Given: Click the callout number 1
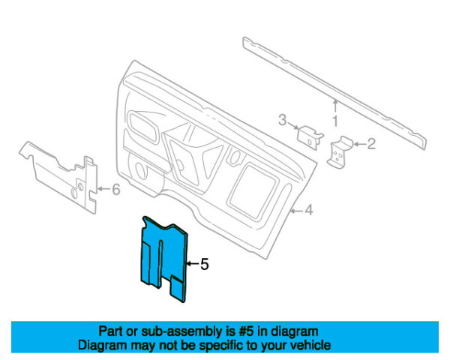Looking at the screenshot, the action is pos(335,121).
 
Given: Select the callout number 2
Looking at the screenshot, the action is pos(371,144).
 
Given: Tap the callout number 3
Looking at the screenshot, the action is pos(283,120).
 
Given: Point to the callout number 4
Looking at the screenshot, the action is pos(308,211).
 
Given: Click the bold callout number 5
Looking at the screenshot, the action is pos(204,264).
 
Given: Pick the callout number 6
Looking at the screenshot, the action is pos(115,190).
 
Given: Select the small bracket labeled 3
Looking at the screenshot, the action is pos(310,137).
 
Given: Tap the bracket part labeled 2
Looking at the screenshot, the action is pos(340,152).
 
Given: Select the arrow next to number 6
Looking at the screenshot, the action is pos(104,189).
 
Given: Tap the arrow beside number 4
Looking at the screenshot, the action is pos(296,211).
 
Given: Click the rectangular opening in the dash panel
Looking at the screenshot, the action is pos(253,190).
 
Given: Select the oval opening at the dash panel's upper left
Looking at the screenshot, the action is pos(142,126).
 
